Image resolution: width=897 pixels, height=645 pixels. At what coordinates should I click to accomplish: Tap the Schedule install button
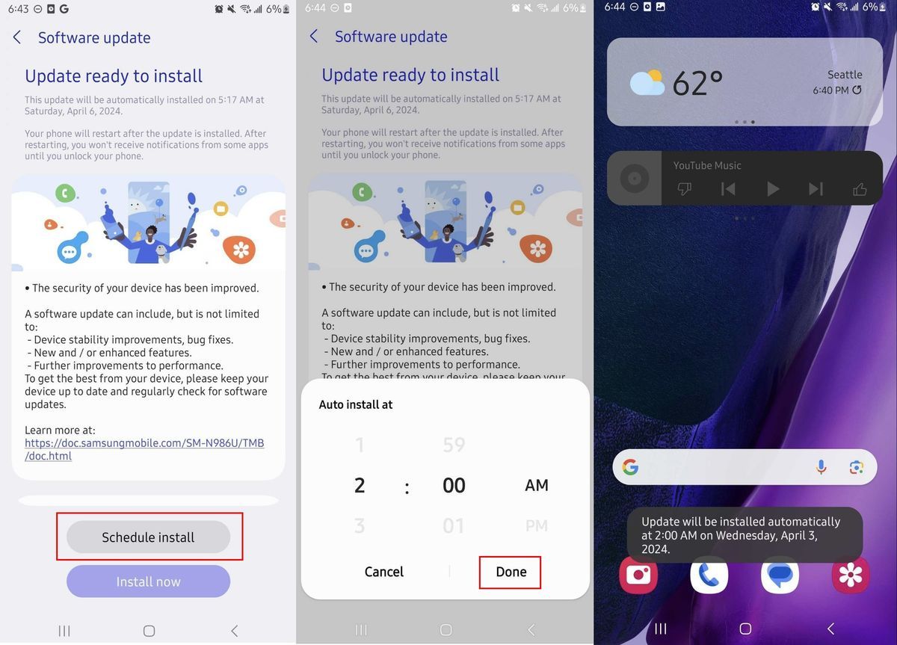click(148, 537)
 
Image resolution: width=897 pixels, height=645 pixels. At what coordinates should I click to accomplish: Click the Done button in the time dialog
click(511, 572)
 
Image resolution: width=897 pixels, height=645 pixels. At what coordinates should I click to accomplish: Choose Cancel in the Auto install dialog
click(383, 572)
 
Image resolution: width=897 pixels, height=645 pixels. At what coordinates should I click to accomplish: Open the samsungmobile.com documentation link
click(144, 449)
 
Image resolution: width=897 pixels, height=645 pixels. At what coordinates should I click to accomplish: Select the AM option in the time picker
click(537, 485)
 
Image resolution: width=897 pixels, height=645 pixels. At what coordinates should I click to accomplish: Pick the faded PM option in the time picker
click(537, 525)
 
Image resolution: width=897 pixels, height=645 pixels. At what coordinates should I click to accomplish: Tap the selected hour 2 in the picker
click(360, 485)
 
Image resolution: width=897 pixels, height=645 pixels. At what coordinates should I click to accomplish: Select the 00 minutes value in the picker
click(454, 485)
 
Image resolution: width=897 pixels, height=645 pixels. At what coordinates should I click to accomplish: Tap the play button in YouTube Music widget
click(772, 188)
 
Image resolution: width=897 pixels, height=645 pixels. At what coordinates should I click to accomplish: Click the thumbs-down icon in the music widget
click(685, 188)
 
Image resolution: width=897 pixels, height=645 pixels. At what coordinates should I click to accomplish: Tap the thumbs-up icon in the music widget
click(860, 188)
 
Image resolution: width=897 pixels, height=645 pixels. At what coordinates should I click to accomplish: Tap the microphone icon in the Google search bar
click(821, 467)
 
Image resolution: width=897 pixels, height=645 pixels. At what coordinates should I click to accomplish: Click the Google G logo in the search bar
click(630, 467)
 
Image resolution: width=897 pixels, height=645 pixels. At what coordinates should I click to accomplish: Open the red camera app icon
click(638, 575)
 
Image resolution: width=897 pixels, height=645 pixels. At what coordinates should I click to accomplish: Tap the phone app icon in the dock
click(709, 575)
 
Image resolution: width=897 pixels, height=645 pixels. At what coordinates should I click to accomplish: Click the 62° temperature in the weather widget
click(697, 83)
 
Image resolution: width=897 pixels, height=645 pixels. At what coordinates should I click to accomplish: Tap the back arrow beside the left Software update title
click(16, 37)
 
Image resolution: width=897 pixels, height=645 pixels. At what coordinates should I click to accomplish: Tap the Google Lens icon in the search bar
click(856, 467)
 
